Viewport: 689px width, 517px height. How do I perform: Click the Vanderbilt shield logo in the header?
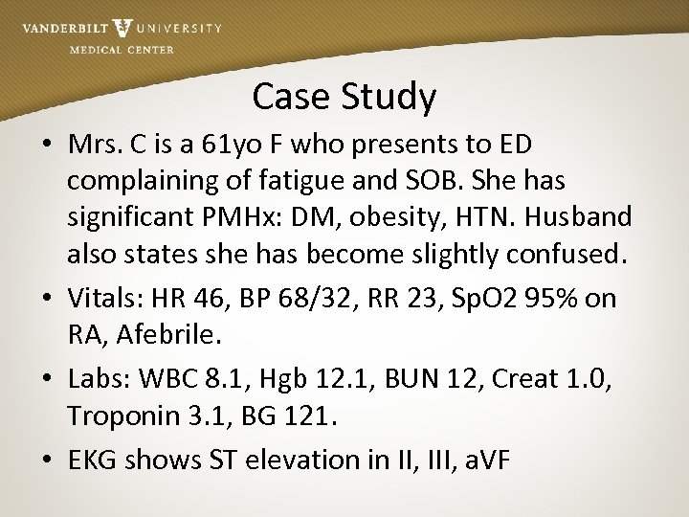(x=122, y=29)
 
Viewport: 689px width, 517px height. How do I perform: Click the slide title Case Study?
(x=344, y=96)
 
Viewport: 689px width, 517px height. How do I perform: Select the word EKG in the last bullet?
(x=95, y=460)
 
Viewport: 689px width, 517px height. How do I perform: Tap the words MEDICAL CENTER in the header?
(x=122, y=50)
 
